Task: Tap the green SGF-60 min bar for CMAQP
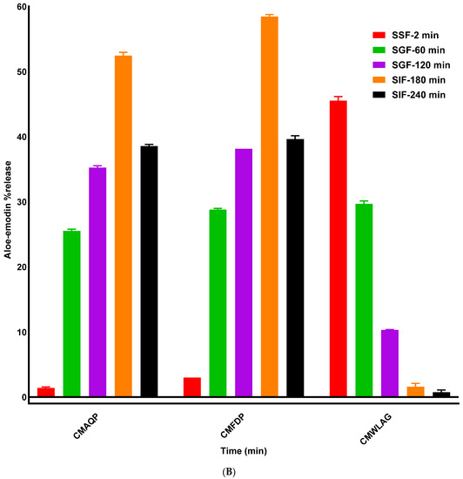(x=71, y=314)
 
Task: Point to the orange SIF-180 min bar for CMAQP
(x=124, y=226)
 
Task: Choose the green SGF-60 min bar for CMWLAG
(x=364, y=300)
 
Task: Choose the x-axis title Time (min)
(x=241, y=451)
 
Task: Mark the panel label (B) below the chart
(x=231, y=471)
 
